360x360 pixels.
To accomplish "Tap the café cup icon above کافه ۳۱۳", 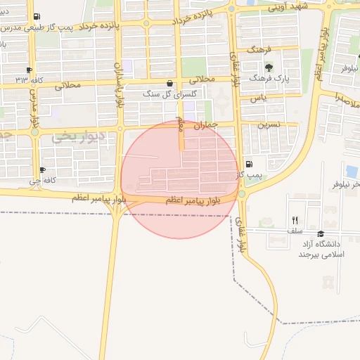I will (29, 70).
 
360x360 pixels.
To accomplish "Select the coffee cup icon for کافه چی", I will (43, 170).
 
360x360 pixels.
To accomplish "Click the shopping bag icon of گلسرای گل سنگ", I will (169, 83).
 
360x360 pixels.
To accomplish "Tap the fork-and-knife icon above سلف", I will (295, 220).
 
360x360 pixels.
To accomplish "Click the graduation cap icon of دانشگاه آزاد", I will (321, 234).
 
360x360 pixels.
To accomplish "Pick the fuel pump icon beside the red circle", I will (249, 164).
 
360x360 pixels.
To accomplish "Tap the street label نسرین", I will (269, 124).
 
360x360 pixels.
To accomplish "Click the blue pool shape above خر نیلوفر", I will (352, 171).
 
